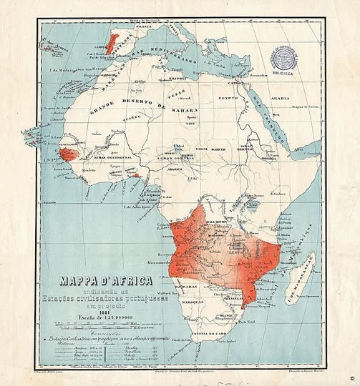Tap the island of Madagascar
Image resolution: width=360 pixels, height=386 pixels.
[x=301, y=274]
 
